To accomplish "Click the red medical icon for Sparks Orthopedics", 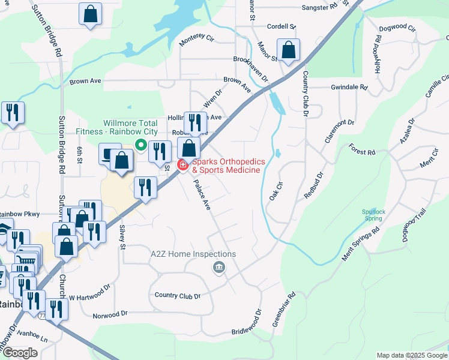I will [x=182, y=165].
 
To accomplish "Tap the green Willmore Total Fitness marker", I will [x=140, y=144].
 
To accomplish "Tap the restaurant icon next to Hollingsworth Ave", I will [x=194, y=123].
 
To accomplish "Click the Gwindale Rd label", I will [x=349, y=87].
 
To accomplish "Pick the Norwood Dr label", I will [x=110, y=314].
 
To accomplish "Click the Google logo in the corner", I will [x=20, y=353].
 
